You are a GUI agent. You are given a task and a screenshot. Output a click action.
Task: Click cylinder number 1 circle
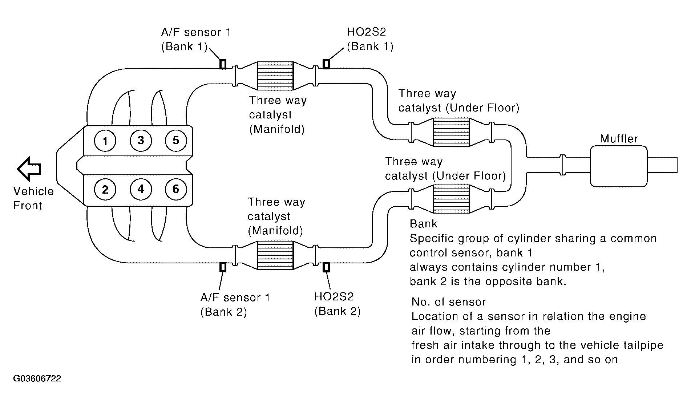click(x=105, y=141)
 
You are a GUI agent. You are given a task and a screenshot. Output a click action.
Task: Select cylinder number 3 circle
click(x=141, y=140)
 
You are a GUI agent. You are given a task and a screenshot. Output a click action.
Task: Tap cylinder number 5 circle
click(x=176, y=140)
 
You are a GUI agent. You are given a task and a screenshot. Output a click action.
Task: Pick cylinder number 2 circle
click(x=105, y=189)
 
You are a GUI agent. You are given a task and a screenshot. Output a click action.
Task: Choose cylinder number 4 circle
click(x=141, y=189)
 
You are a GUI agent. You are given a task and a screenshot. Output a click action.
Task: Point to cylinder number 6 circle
click(x=176, y=189)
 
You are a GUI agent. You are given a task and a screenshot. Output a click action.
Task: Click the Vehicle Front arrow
click(x=29, y=169)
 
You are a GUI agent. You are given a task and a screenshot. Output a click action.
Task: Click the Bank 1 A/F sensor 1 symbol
click(x=223, y=64)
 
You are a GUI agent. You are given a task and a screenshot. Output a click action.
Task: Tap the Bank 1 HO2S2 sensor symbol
click(x=326, y=64)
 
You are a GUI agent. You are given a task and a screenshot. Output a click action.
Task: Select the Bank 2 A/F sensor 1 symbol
click(x=223, y=267)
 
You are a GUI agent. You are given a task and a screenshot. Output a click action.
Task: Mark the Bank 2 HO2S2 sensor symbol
click(x=326, y=267)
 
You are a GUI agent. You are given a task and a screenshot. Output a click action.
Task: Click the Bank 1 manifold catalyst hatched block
click(x=275, y=76)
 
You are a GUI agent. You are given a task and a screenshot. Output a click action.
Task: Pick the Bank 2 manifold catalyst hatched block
click(x=275, y=255)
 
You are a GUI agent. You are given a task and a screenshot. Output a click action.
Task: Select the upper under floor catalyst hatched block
click(x=452, y=132)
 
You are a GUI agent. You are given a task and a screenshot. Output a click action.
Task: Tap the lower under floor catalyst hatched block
click(x=452, y=199)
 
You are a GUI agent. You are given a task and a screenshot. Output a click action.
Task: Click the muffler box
click(x=619, y=166)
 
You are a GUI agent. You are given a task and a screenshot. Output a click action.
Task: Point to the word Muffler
click(x=619, y=138)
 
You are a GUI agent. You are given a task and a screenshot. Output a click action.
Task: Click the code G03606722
click(x=37, y=378)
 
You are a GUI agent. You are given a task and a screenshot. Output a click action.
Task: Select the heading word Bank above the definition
click(x=424, y=223)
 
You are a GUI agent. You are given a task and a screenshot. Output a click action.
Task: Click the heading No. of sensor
click(x=449, y=302)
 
